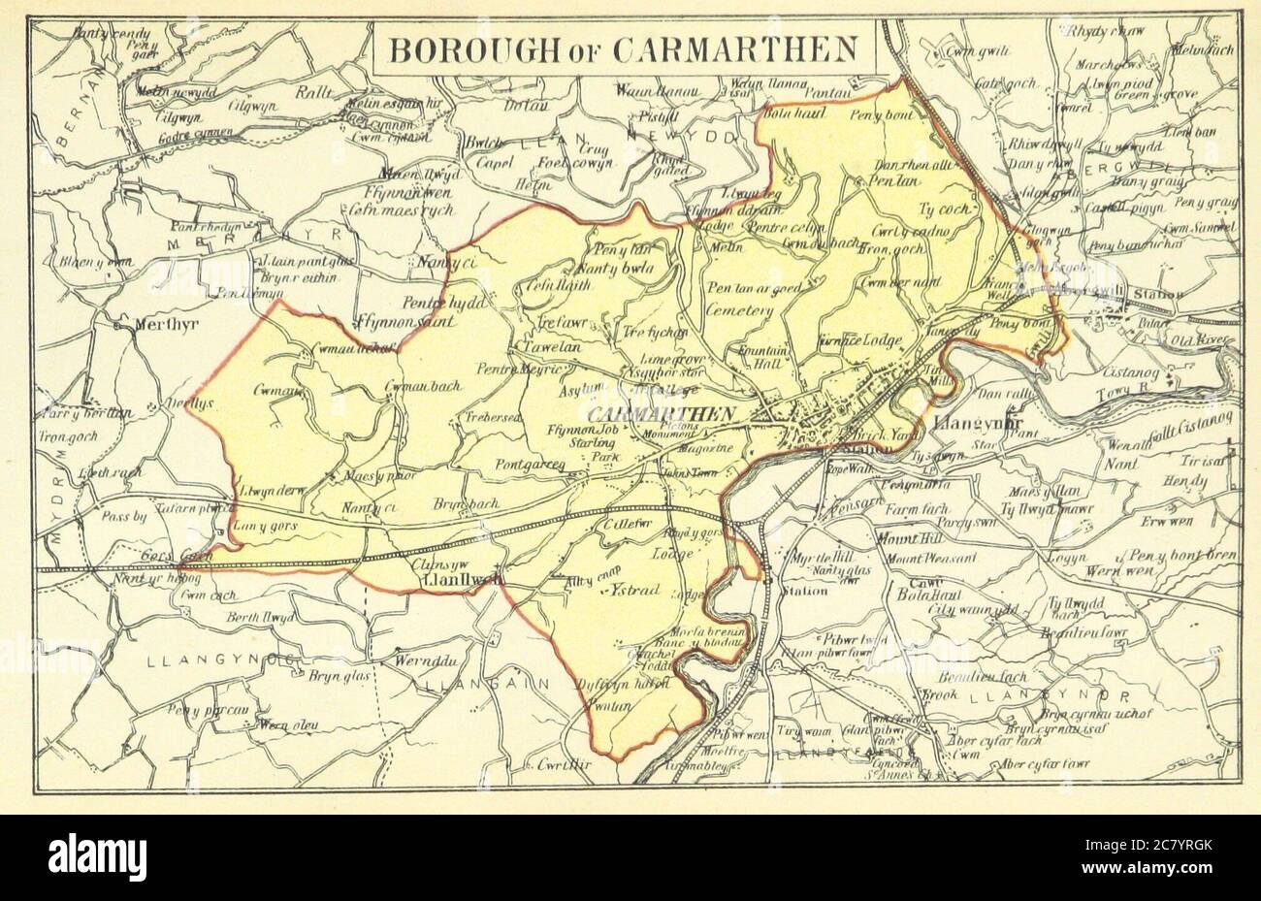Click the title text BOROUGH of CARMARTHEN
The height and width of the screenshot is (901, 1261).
click(624, 47)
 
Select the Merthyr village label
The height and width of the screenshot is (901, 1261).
click(158, 324)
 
